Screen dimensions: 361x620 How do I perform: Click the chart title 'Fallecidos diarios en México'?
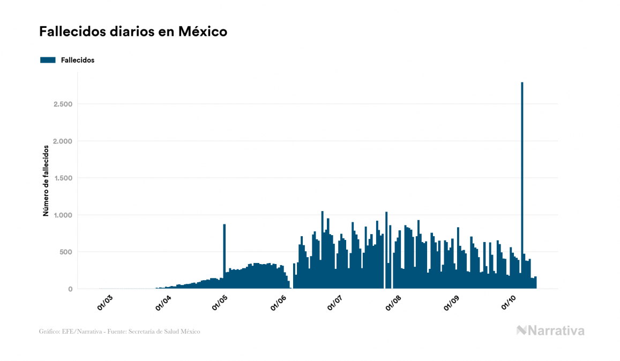pos(133,32)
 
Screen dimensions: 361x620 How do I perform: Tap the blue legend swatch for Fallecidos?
pos(48,60)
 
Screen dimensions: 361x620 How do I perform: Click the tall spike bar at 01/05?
pos(224,252)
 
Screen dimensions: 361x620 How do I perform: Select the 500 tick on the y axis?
pos(66,252)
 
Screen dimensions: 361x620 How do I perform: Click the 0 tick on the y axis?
pos(70,289)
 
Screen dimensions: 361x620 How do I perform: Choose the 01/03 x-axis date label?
pos(104,303)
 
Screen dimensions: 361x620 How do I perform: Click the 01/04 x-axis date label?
pos(163,303)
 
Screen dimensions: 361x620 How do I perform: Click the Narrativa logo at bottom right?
pos(550,330)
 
